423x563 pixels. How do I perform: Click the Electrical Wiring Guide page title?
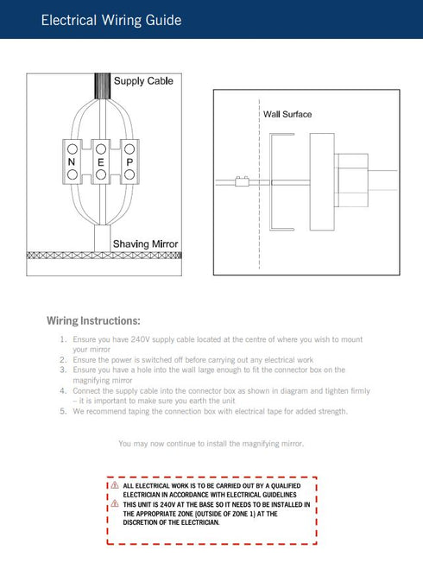111,20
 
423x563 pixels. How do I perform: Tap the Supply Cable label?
143,81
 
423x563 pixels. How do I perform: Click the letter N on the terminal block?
72,162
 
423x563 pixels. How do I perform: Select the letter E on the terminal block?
101,162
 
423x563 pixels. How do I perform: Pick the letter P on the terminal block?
129,162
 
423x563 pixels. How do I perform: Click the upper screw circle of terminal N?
73,149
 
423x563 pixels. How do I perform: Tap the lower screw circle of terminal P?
129,175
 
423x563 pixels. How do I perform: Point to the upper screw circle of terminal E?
101,149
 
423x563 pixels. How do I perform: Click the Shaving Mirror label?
145,244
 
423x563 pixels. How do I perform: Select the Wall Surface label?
287,114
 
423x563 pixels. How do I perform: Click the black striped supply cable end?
103,86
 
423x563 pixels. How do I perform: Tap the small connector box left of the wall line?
242,181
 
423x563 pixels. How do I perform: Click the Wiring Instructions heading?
93,320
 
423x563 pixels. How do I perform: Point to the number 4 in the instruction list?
63,390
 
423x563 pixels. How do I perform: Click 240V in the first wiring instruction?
140,339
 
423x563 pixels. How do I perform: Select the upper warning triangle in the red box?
115,485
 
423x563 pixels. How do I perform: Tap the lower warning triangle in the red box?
115,503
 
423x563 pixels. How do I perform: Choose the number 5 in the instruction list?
63,411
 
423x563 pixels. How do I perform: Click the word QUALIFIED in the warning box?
286,486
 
